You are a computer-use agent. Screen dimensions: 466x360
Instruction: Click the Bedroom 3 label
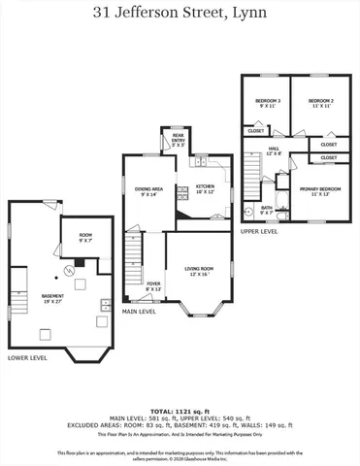[x=268, y=103]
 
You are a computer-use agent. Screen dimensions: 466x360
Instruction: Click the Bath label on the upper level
[x=267, y=209]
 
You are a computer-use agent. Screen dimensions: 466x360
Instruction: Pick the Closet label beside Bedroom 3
[x=256, y=130]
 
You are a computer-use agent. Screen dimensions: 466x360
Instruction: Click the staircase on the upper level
[x=251, y=179]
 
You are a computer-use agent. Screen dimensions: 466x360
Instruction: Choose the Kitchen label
[x=206, y=188]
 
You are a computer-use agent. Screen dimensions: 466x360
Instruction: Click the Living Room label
[x=200, y=270]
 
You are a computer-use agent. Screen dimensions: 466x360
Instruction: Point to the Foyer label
[x=153, y=287]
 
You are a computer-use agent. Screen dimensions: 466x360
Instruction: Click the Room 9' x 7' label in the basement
[x=85, y=237]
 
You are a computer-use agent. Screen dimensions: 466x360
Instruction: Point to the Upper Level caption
[x=259, y=232]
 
